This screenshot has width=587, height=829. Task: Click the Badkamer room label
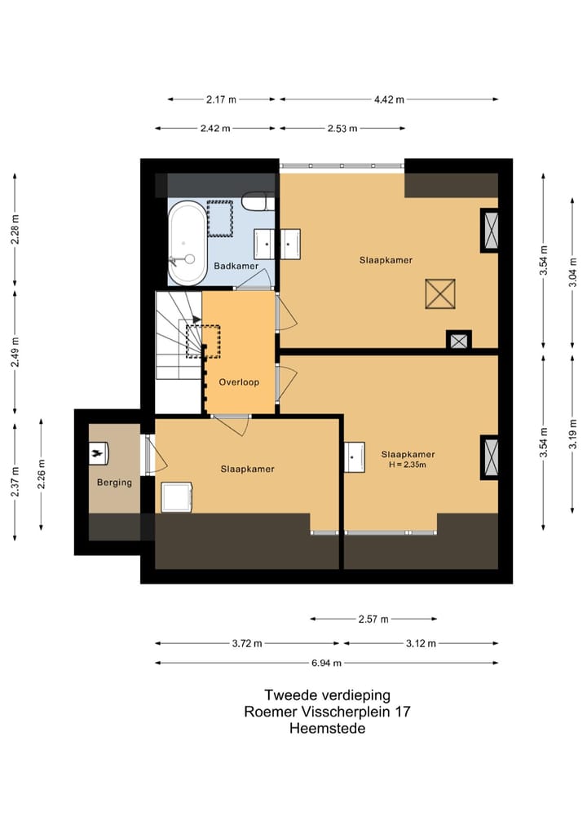point(236,266)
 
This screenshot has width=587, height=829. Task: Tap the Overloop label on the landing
point(239,381)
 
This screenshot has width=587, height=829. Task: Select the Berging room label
point(114,483)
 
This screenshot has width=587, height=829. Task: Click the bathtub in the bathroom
point(188,243)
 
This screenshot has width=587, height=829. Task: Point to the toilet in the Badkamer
point(258,202)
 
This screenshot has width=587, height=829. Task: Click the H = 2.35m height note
point(407,465)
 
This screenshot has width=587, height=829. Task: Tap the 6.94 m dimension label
point(326,663)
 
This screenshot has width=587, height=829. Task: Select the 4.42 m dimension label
point(389,99)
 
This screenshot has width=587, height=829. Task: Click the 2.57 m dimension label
point(373,620)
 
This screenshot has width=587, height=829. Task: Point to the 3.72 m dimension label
point(247,643)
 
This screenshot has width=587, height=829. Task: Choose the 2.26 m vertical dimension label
point(42,474)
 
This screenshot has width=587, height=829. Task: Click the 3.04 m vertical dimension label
point(572,272)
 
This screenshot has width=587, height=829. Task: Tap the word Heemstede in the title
point(328,729)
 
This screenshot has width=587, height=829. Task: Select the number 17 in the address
point(403,712)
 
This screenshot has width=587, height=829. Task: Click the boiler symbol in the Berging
point(99,453)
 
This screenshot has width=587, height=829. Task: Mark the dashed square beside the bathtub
point(220,218)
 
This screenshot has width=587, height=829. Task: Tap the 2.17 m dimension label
point(221,99)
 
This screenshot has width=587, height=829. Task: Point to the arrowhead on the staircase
point(196,320)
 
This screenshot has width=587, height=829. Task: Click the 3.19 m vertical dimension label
point(572,434)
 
